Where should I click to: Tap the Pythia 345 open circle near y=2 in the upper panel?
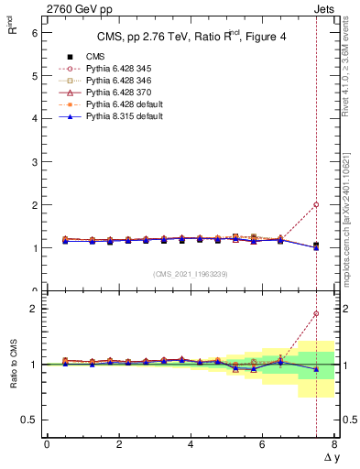click(316, 205)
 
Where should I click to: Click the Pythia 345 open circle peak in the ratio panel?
click(316, 313)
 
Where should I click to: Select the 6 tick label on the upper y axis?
click(34, 32)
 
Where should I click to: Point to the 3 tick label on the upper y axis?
click(34, 161)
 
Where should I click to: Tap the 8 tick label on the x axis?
click(334, 444)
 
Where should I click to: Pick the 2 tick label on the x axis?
click(119, 444)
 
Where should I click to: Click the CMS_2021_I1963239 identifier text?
click(189, 274)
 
